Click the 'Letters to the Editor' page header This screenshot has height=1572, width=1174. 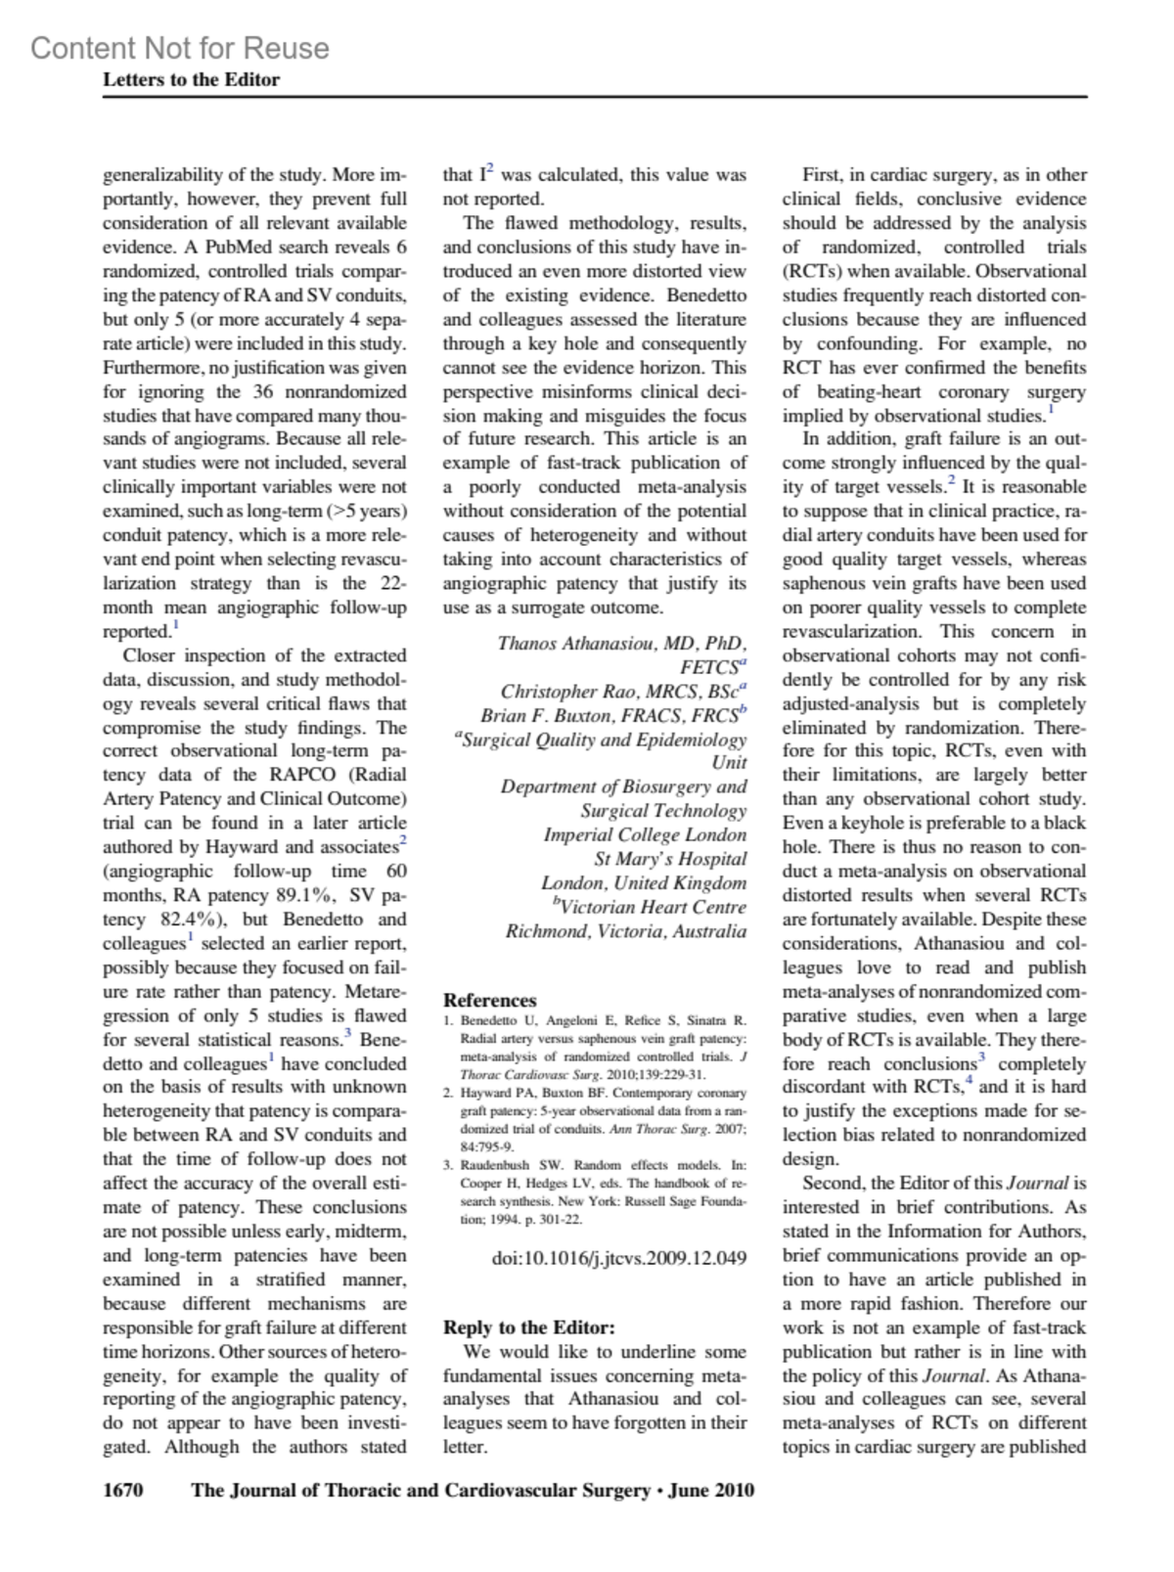coord(191,80)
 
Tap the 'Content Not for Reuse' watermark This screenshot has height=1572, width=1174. coord(180,48)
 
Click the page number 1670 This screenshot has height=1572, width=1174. coord(123,1490)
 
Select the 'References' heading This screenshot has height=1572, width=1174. coord(489,1000)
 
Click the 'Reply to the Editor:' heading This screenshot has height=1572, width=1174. coord(528,1327)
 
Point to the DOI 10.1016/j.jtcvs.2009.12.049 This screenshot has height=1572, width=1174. coord(618,1257)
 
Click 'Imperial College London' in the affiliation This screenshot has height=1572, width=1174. coord(645,835)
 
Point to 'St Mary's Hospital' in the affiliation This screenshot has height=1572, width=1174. coord(670,859)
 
